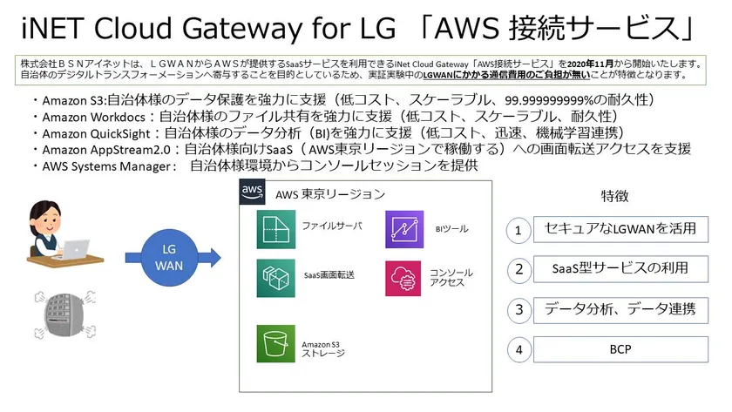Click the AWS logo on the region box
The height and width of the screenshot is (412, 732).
(x=252, y=192)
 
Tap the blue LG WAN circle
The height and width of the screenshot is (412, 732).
(x=169, y=258)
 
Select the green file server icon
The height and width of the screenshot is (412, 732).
(x=276, y=229)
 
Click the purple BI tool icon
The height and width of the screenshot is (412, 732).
(x=404, y=229)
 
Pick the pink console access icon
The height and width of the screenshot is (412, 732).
(x=403, y=279)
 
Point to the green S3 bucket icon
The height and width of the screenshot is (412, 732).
(x=276, y=344)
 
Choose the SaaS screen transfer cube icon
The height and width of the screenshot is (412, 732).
(x=276, y=279)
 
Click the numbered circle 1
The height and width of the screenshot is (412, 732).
(x=518, y=231)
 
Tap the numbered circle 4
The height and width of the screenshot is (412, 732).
(x=518, y=349)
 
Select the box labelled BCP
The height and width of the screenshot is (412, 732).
(x=620, y=349)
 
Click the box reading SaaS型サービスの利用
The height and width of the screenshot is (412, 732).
(x=620, y=269)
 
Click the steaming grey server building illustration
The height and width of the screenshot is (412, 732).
(x=65, y=314)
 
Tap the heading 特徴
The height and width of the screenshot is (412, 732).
(x=615, y=196)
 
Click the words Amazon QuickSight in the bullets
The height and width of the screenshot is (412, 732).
(x=96, y=134)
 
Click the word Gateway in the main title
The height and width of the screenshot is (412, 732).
(x=242, y=28)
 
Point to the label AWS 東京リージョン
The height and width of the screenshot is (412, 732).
(x=330, y=194)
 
